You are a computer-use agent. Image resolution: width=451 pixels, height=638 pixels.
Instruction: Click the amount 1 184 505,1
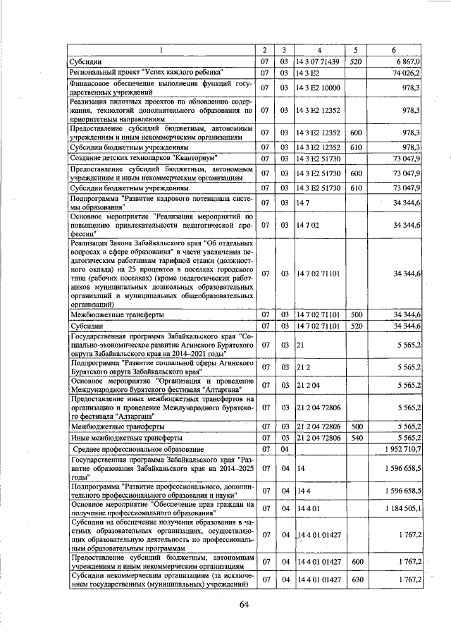[401, 508]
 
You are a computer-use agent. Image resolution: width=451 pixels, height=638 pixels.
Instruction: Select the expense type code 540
[356, 438]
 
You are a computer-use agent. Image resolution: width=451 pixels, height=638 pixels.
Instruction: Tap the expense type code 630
[356, 579]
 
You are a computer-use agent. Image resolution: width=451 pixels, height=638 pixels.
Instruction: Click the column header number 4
[319, 50]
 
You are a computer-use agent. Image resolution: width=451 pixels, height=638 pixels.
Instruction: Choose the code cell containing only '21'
[300, 345]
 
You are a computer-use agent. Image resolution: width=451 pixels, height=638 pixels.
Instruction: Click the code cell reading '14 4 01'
[307, 508]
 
